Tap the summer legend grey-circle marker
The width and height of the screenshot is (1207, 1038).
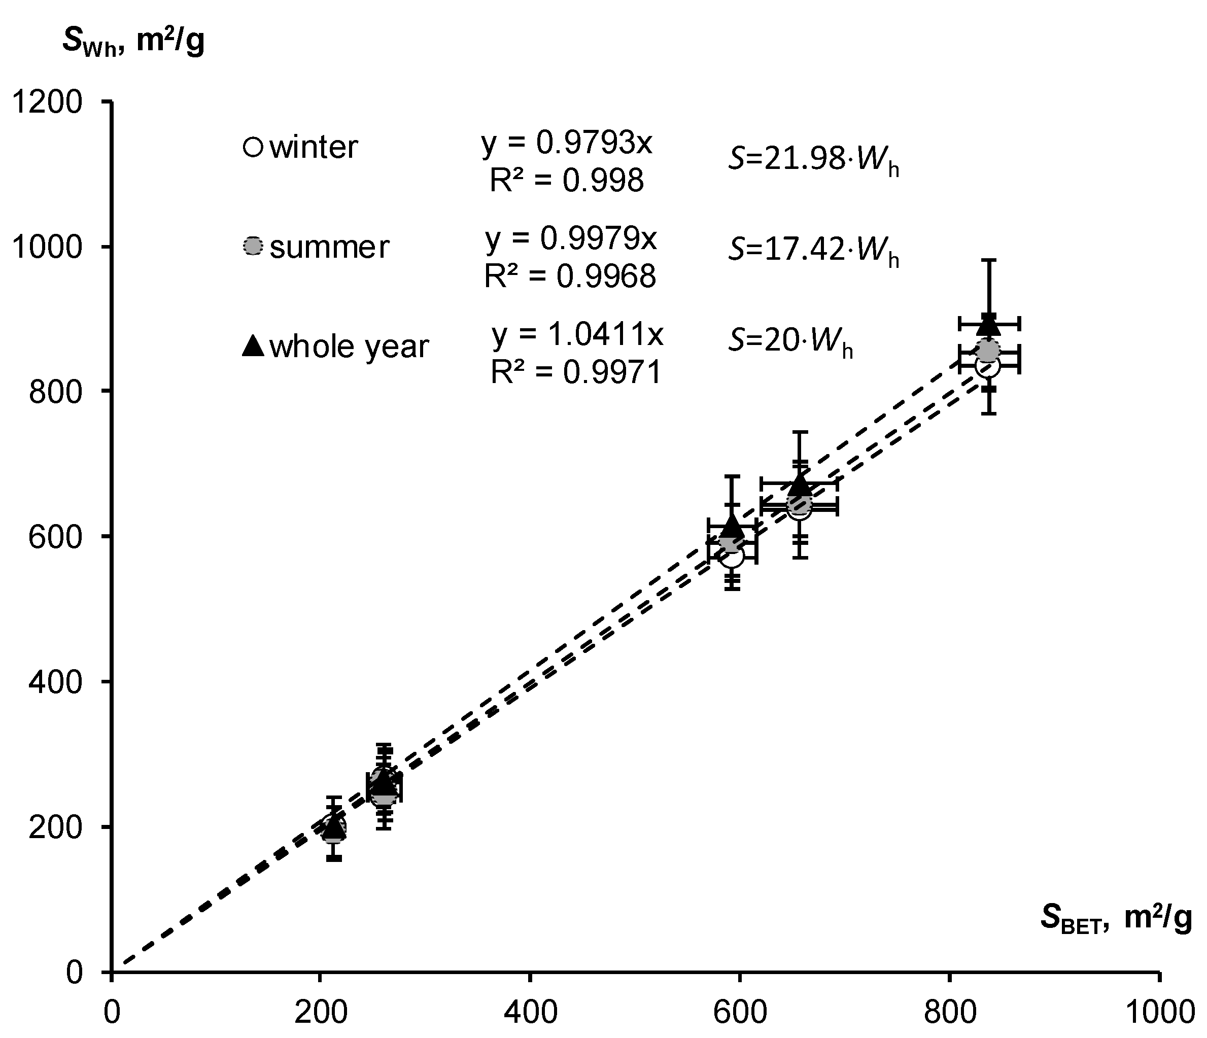coord(253,247)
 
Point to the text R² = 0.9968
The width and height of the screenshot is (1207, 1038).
coord(570,276)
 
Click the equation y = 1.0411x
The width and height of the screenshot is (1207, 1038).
coord(577,335)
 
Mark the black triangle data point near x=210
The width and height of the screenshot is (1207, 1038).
coord(334,825)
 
